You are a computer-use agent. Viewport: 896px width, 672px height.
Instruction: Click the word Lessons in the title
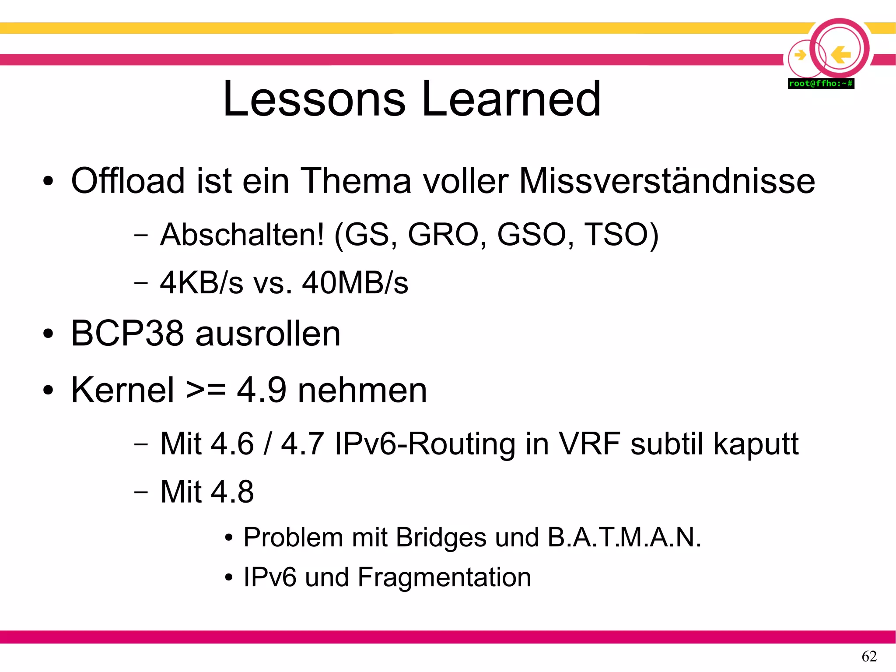tap(314, 99)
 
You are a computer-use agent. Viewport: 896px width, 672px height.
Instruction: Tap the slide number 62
tap(869, 656)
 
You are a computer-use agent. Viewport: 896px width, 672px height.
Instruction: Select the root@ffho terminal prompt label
tap(821, 83)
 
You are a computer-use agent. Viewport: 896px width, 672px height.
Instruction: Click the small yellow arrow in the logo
tap(800, 55)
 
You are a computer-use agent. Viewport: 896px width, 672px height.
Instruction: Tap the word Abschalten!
tap(242, 235)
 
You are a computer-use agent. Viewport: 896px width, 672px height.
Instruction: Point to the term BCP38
tap(127, 334)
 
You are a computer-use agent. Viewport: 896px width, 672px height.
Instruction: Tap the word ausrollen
tap(268, 334)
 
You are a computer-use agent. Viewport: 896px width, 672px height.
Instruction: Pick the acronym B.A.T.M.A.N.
tap(624, 537)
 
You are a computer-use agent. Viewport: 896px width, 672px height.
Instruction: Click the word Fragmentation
tap(444, 577)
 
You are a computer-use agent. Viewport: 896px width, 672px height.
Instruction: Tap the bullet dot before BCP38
tap(48, 334)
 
